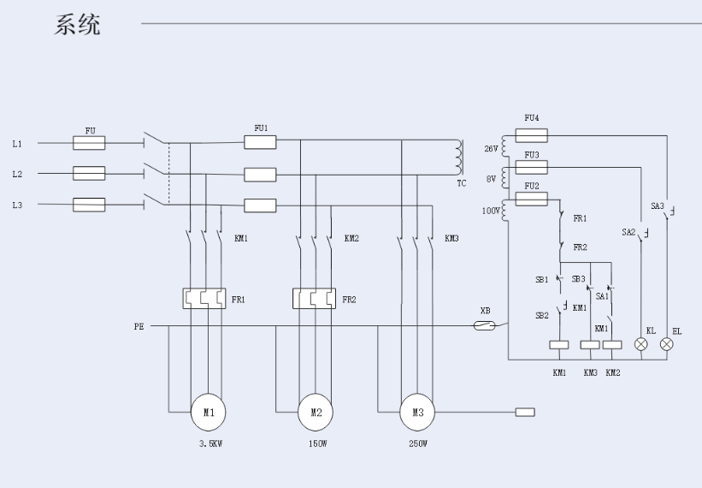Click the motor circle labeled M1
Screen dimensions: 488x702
pyautogui.click(x=209, y=412)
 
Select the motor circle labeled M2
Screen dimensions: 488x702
pyautogui.click(x=316, y=412)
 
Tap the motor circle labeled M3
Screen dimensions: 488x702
pyautogui.click(x=417, y=412)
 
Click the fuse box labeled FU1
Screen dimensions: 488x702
pyautogui.click(x=260, y=142)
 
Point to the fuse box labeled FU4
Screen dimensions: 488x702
pyautogui.click(x=532, y=135)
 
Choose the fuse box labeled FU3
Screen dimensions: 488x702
pyautogui.click(x=532, y=167)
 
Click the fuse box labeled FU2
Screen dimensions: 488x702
pyautogui.click(x=532, y=199)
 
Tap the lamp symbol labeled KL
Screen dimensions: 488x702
pyautogui.click(x=641, y=344)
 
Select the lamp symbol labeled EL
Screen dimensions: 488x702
pyautogui.click(x=667, y=344)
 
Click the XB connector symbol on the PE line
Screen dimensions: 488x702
pyautogui.click(x=485, y=325)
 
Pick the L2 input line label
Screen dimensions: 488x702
pyautogui.click(x=17, y=174)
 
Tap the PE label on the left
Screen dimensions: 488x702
pyautogui.click(x=139, y=326)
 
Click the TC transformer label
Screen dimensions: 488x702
pyautogui.click(x=462, y=184)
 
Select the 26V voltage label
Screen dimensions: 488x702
pyautogui.click(x=490, y=149)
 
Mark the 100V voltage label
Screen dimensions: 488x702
pyautogui.click(x=489, y=210)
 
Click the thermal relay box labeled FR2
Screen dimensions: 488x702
pyautogui.click(x=315, y=298)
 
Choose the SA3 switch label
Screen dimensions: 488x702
pyautogui.click(x=657, y=206)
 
